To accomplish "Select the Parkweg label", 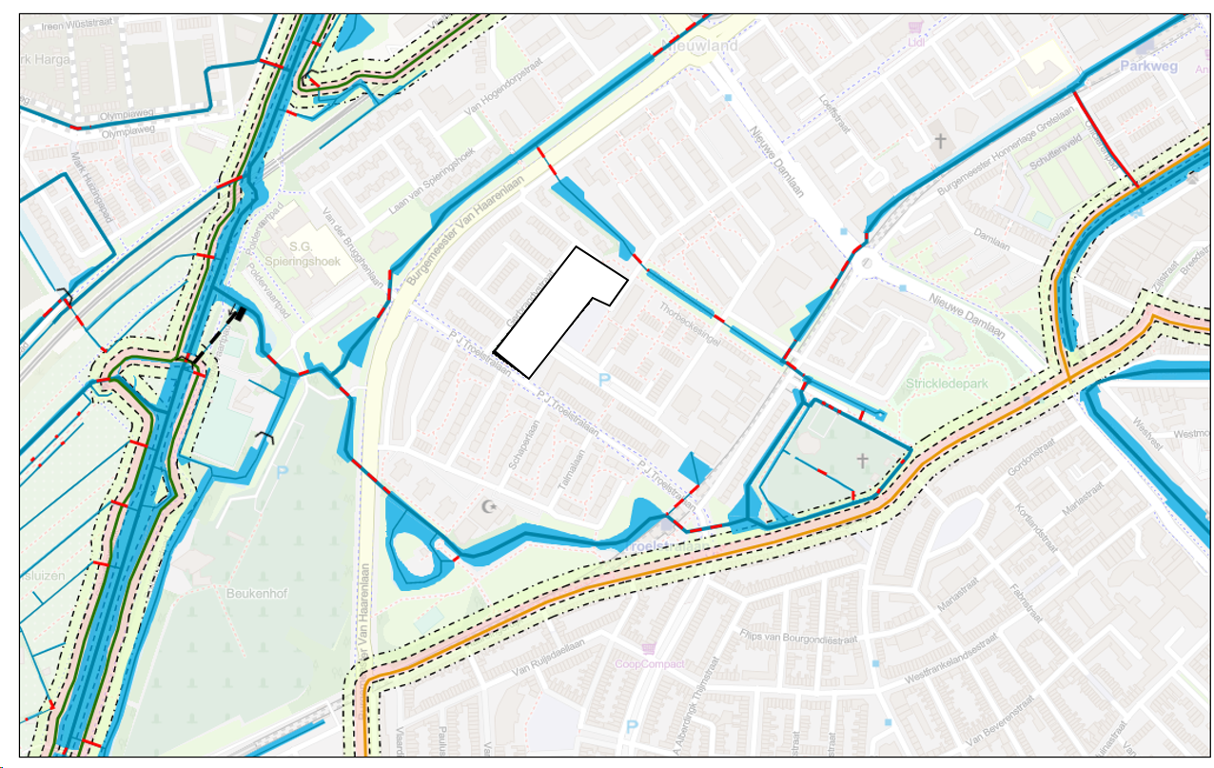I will pyautogui.click(x=1148, y=67).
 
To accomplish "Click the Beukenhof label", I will pyautogui.click(x=250, y=592).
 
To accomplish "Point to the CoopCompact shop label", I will pyautogui.click(x=650, y=663).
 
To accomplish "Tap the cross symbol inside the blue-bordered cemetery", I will pyautogui.click(x=862, y=461).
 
